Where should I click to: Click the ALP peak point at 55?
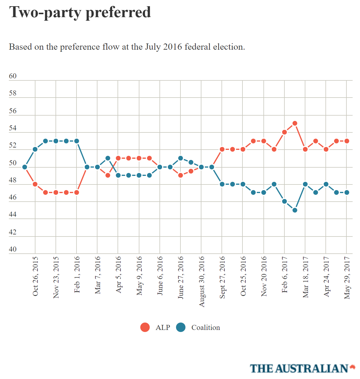(295, 123)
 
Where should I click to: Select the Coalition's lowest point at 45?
(295, 210)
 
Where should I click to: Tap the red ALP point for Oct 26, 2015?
(35, 184)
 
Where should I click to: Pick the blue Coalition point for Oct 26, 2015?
(35, 149)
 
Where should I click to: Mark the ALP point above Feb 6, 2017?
(284, 132)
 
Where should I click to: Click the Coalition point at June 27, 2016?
(180, 158)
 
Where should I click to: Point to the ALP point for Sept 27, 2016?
(222, 149)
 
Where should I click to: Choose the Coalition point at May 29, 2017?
(347, 192)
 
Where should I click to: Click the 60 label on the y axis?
(13, 76)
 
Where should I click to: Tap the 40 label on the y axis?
(13, 249)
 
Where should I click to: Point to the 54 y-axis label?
(13, 128)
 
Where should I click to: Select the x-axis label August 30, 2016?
(202, 281)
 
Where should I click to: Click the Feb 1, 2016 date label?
(77, 275)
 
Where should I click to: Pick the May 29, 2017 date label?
(347, 278)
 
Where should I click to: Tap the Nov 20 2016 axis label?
(264, 276)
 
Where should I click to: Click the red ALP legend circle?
(145, 327)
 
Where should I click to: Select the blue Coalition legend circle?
(181, 327)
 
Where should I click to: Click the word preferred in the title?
(118, 12)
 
